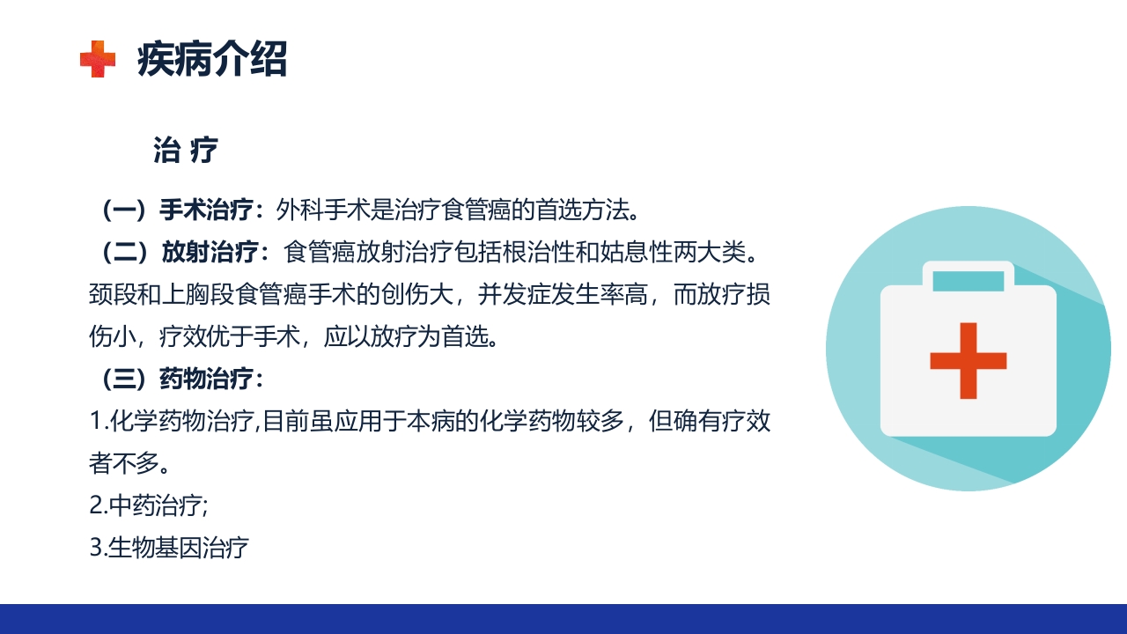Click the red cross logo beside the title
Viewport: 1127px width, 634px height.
tap(98, 59)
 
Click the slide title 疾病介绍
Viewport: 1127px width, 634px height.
tap(212, 60)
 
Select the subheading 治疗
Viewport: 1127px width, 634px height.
tap(185, 151)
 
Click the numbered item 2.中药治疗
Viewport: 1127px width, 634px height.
tap(149, 505)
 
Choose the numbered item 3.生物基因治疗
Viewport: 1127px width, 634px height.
tap(170, 548)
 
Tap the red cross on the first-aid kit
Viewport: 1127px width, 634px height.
tap(968, 360)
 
